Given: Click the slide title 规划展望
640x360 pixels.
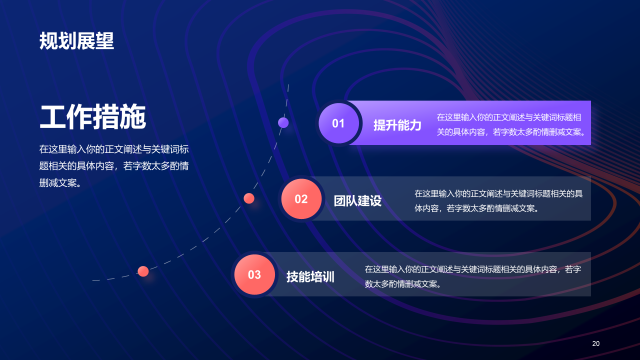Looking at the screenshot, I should point(76,41).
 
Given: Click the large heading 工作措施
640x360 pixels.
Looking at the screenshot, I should point(92,118).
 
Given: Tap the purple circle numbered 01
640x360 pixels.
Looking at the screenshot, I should point(338,123).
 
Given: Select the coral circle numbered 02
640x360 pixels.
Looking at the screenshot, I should point(301,199).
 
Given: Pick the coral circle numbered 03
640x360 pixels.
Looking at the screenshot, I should point(254,274).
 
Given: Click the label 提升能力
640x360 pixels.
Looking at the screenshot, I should point(397,125).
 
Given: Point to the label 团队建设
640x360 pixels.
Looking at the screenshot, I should point(357,201).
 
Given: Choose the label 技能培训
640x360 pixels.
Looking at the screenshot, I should point(310,277).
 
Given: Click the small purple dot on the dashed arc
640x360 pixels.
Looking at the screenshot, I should point(283,122).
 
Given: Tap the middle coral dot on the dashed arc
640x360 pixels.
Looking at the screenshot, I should point(249,198).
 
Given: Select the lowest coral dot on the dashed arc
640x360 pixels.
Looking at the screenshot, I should point(143,271).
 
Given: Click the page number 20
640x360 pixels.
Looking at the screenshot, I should point(595,343).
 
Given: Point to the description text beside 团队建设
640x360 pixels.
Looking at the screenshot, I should point(498,200).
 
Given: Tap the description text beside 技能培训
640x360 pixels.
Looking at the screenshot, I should point(472,276).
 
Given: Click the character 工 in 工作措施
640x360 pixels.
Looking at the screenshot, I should point(52,118).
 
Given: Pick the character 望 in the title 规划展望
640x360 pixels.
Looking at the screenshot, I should point(105,41).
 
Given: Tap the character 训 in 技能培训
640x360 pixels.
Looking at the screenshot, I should point(328,277).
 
